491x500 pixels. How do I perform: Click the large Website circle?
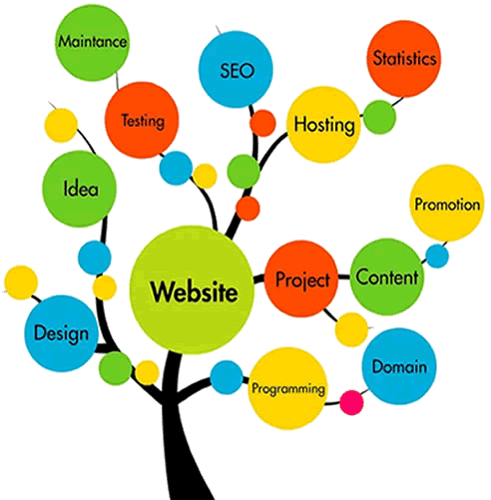click(x=192, y=289)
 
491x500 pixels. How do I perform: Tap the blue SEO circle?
click(x=236, y=69)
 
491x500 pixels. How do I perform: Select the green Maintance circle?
click(x=92, y=42)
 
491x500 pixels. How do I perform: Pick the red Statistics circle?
click(x=404, y=59)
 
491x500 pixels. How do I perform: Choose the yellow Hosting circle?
click(x=324, y=125)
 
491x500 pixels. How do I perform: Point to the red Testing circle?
click(x=142, y=120)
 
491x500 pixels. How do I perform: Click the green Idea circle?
click(x=80, y=189)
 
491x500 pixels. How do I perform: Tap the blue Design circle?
click(x=62, y=333)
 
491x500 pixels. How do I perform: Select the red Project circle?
click(x=301, y=278)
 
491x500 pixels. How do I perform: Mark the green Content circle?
click(x=387, y=276)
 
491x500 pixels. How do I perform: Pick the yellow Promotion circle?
click(x=447, y=203)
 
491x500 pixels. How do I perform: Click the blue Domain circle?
click(x=399, y=366)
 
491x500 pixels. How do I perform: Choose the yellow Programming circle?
click(x=287, y=388)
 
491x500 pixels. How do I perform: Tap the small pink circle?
click(x=351, y=402)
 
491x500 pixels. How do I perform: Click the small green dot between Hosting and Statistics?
click(x=379, y=117)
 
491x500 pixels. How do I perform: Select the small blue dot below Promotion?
click(x=437, y=255)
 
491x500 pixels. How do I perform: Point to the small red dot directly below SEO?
click(x=262, y=123)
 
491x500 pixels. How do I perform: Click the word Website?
click(x=194, y=291)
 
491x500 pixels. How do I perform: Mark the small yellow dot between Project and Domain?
click(x=351, y=329)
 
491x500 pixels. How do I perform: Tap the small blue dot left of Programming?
click(x=227, y=377)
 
